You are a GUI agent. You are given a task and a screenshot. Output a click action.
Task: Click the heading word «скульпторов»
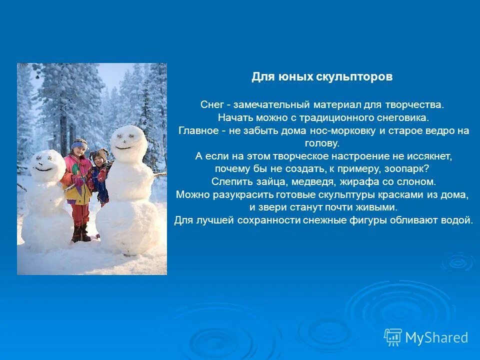tap(354, 77)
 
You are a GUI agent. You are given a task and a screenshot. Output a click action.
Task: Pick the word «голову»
tap(322, 143)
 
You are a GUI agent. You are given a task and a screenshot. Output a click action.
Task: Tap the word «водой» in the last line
tap(459, 220)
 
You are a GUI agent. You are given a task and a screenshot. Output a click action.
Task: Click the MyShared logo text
tap(436, 338)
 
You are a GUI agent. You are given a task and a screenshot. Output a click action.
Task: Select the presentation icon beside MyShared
tap(392, 337)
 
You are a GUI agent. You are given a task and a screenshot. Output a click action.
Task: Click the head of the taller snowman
tap(128, 142)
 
